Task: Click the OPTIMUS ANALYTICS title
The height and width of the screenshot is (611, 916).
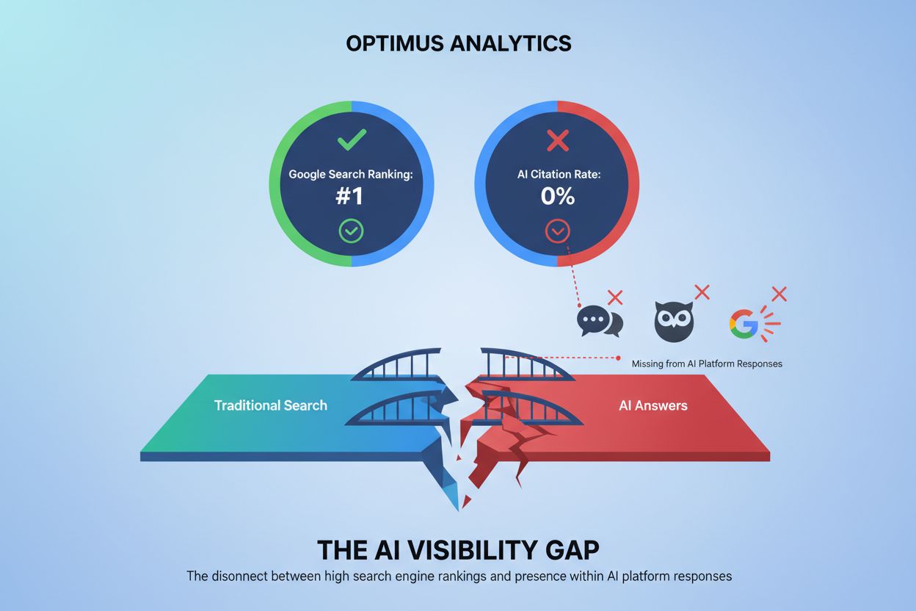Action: pyautogui.click(x=458, y=43)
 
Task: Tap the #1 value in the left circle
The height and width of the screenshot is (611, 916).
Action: pyautogui.click(x=352, y=197)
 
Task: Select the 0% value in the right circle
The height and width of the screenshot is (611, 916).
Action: pyautogui.click(x=557, y=197)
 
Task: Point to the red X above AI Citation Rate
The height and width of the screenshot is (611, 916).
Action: pyautogui.click(x=558, y=140)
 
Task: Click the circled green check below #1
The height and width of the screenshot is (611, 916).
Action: pyautogui.click(x=351, y=231)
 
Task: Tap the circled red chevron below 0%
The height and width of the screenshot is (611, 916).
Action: pyautogui.click(x=557, y=231)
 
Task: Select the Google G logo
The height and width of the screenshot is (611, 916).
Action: pyautogui.click(x=743, y=322)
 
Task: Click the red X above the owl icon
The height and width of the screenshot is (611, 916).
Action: pyautogui.click(x=702, y=292)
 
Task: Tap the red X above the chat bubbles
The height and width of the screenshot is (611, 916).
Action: pyautogui.click(x=615, y=297)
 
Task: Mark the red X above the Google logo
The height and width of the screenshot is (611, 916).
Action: pyautogui.click(x=779, y=294)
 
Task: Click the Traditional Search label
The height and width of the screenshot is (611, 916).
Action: pyautogui.click(x=270, y=405)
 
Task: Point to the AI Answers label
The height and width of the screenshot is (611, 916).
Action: pyautogui.click(x=653, y=405)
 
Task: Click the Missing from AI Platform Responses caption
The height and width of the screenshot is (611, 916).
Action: pyautogui.click(x=706, y=364)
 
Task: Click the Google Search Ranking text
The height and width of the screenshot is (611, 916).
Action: pyautogui.click(x=351, y=175)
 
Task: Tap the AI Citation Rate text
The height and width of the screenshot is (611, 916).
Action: pyautogui.click(x=557, y=175)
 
